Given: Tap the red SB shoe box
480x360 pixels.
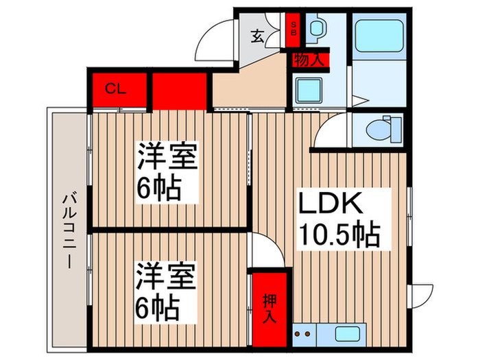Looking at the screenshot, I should [293, 28].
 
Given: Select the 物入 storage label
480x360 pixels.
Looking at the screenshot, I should [309, 60].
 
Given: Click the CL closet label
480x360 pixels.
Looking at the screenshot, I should [116, 89].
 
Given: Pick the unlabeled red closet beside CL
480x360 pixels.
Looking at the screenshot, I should [180, 90].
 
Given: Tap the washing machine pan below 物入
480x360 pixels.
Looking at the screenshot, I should [309, 90].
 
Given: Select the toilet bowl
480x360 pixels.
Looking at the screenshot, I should [381, 128].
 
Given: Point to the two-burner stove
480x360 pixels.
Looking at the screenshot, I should [303, 335].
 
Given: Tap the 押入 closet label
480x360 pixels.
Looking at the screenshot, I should [269, 307].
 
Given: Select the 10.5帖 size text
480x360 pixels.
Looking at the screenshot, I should [339, 236].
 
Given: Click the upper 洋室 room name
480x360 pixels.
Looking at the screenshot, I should [168, 158].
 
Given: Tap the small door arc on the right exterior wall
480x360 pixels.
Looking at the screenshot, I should [421, 292].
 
